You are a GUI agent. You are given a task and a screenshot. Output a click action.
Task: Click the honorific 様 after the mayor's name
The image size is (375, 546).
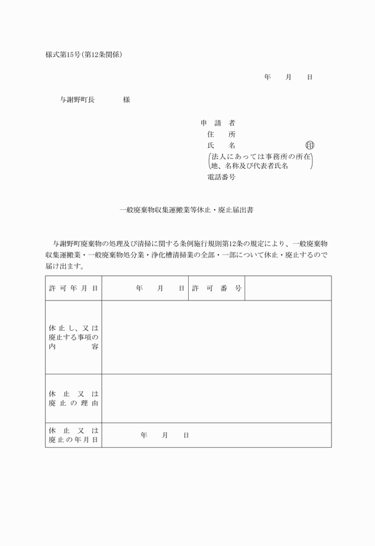[x=126, y=100]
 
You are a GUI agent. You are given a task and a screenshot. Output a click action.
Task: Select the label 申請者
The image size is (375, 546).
[x=217, y=123]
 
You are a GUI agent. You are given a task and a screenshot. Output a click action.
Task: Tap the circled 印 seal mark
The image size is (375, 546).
[x=310, y=145]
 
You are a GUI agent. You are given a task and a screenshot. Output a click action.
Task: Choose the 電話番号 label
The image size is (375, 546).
[x=221, y=177]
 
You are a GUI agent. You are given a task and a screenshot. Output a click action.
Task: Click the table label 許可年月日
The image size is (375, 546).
[x=74, y=288]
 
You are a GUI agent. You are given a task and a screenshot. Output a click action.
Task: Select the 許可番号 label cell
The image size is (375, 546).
[x=217, y=288]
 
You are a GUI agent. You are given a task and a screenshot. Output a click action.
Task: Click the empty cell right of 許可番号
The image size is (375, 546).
[x=288, y=288]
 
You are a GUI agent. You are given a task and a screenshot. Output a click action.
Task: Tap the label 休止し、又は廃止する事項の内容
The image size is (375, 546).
[x=74, y=337]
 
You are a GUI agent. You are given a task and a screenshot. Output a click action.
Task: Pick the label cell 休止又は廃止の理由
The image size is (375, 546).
[x=74, y=398]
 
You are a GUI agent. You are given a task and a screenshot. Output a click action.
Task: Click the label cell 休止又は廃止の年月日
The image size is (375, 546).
[x=74, y=435]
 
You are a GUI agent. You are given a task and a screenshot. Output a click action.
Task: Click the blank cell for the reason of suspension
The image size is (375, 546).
[x=217, y=398]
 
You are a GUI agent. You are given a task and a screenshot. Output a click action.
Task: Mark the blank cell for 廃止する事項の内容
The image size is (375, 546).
[x=217, y=337]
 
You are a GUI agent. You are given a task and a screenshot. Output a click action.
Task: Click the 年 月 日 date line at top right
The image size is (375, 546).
[x=288, y=77]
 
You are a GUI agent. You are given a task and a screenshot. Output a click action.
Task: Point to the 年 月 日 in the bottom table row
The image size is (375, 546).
[x=165, y=435]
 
